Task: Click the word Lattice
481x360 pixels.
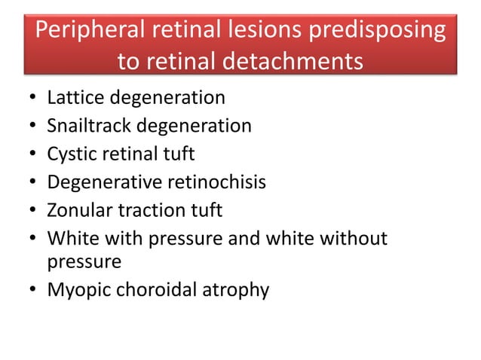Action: pyautogui.click(x=72, y=97)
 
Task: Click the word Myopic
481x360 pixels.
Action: pyautogui.click(x=75, y=289)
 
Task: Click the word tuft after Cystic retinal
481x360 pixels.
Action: pyautogui.click(x=179, y=154)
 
